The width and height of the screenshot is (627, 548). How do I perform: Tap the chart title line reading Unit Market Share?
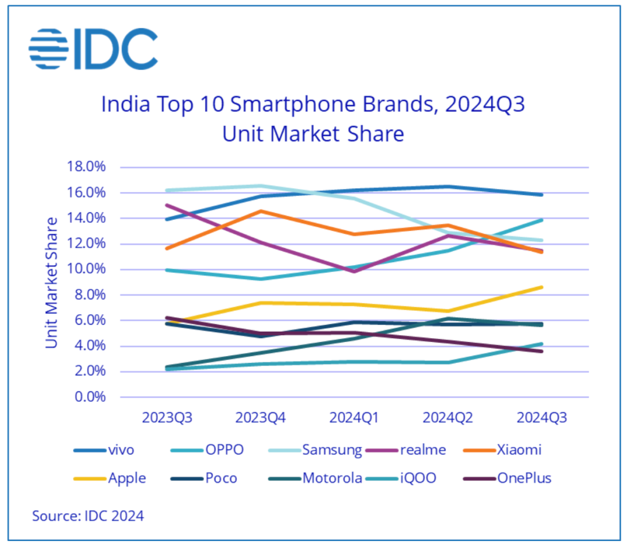[x=313, y=134]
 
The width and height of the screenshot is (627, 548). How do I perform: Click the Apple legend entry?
[x=110, y=478]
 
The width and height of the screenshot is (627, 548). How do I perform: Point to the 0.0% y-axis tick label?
[x=91, y=397]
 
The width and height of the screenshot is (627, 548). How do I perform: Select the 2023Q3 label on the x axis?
[x=168, y=418]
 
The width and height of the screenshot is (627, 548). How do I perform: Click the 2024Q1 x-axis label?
[x=355, y=418]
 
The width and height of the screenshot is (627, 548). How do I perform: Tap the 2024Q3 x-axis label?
[x=542, y=418]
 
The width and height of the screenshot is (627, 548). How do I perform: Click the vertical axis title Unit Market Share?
[x=52, y=282]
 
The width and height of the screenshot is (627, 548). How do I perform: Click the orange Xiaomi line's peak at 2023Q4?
[x=261, y=211]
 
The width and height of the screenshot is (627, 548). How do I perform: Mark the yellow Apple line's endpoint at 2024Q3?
[x=542, y=287]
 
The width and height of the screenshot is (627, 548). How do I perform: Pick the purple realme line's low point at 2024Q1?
[x=355, y=271]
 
